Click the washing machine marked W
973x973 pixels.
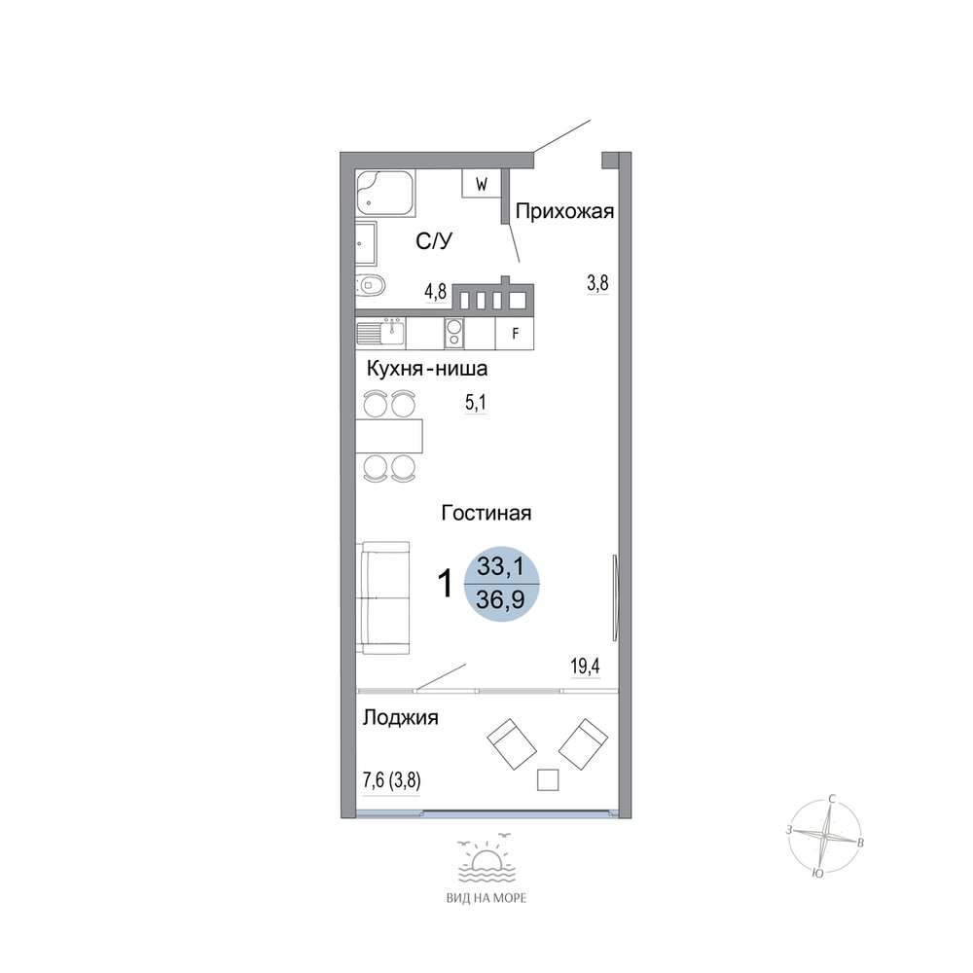coord(481,184)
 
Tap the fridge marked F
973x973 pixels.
coord(515,334)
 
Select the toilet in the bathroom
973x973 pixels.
coord(371,286)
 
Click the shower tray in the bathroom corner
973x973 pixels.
coord(385,194)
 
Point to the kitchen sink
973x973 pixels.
coord(380,334)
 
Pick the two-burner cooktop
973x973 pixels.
coord(454,333)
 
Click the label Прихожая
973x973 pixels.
coord(564,211)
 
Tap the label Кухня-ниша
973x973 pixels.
coord(427,369)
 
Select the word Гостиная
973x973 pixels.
coord(486,513)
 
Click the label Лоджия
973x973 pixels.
coord(400,718)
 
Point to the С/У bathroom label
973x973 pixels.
coord(434,240)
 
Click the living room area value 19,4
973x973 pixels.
coord(585,667)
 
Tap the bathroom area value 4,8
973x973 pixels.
coord(436,291)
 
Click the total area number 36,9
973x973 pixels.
coord(500,599)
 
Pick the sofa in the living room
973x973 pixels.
coord(382,597)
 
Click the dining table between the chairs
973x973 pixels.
coord(389,436)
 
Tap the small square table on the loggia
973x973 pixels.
coord(547,779)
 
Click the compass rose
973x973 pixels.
coord(825,837)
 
